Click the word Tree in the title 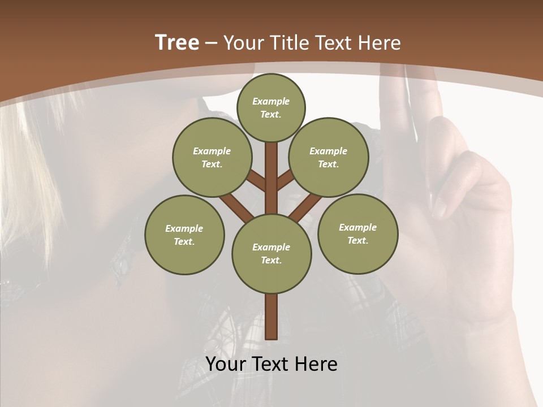[177, 43]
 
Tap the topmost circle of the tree [271, 108]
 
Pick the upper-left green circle [212, 158]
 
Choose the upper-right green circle [329, 158]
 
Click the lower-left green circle [184, 235]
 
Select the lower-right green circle [357, 234]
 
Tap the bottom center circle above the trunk [271, 254]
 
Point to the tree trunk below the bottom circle [271, 317]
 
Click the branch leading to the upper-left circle [256, 181]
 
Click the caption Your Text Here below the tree [271, 364]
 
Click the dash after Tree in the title [211, 43]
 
